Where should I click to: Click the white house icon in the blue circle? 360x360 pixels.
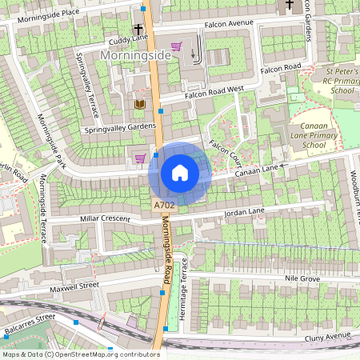click(x=180, y=173)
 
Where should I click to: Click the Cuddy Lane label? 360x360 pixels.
click(x=129, y=38)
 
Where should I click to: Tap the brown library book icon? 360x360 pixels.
click(x=140, y=104)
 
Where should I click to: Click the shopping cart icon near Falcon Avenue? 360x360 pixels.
click(x=176, y=46)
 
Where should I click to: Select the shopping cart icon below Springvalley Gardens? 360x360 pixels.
click(x=141, y=158)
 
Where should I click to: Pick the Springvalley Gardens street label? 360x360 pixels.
click(x=119, y=128)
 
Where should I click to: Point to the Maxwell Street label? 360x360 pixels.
click(x=74, y=285)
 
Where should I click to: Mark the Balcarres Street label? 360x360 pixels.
click(x=29, y=318)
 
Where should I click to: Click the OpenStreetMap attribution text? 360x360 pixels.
click(x=80, y=354)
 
